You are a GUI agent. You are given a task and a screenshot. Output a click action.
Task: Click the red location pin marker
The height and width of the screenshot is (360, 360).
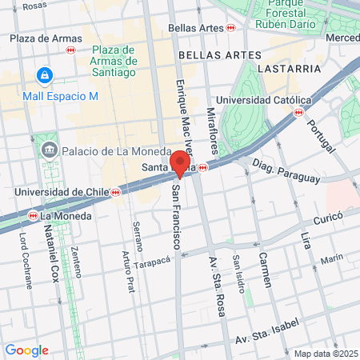point(180,163)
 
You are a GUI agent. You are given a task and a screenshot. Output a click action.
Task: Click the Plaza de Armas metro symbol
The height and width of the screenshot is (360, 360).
point(71,50)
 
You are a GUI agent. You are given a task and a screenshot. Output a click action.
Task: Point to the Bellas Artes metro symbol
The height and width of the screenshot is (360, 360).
point(231,28)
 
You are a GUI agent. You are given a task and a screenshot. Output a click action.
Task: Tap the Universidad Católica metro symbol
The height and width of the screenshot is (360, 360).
point(298,113)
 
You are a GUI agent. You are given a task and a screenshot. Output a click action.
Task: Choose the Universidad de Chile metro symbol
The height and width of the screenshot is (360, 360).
point(117,192)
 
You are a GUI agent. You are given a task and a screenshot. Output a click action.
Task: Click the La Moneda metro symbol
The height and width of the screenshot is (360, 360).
point(33,215)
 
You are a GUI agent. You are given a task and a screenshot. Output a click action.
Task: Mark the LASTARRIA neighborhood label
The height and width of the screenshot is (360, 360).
point(285,69)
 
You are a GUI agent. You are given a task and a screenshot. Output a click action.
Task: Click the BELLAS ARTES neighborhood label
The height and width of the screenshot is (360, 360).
point(220,54)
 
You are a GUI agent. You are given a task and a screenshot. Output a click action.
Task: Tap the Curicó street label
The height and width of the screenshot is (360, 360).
point(327,216)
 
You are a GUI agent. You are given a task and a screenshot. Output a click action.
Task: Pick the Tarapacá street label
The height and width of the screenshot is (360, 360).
point(153,262)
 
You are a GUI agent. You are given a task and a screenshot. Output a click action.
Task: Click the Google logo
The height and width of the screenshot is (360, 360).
point(26,350)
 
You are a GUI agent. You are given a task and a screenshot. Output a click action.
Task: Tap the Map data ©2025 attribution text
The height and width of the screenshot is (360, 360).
point(326,354)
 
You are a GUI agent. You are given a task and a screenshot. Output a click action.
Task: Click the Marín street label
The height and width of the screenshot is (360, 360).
point(331,258)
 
